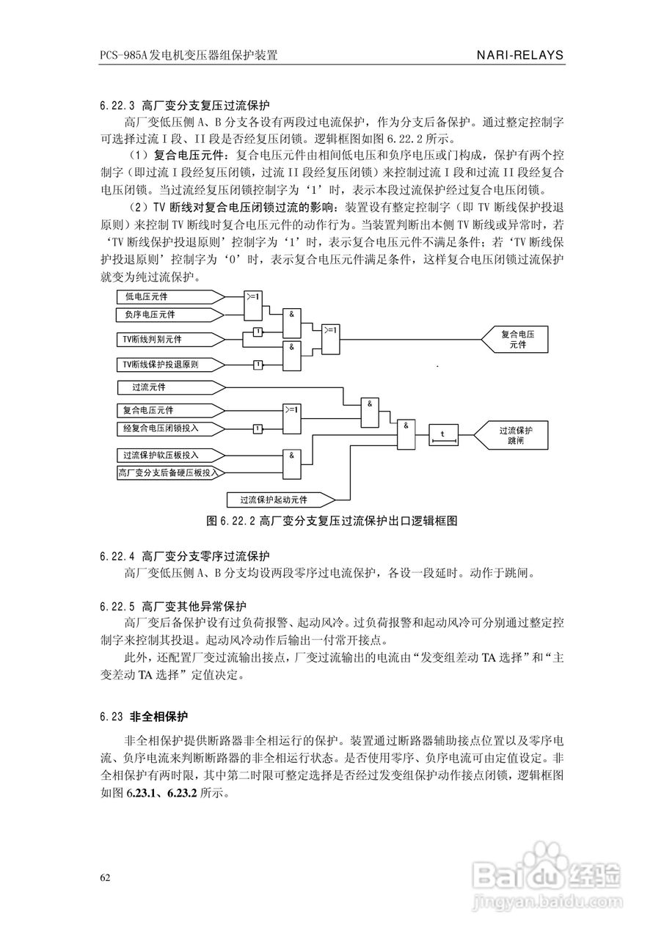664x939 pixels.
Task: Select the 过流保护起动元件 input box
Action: coord(280,500)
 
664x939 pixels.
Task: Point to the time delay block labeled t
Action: coord(442,435)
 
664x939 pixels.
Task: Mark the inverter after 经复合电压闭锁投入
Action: coord(258,428)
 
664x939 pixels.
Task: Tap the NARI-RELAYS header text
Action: coord(519,54)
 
